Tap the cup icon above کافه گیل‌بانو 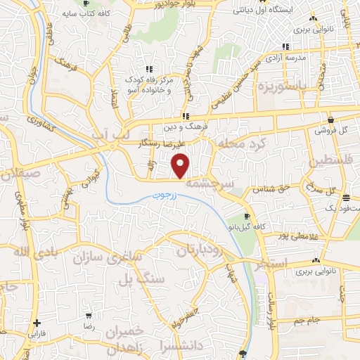(247, 215)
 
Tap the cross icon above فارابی (37, 323)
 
